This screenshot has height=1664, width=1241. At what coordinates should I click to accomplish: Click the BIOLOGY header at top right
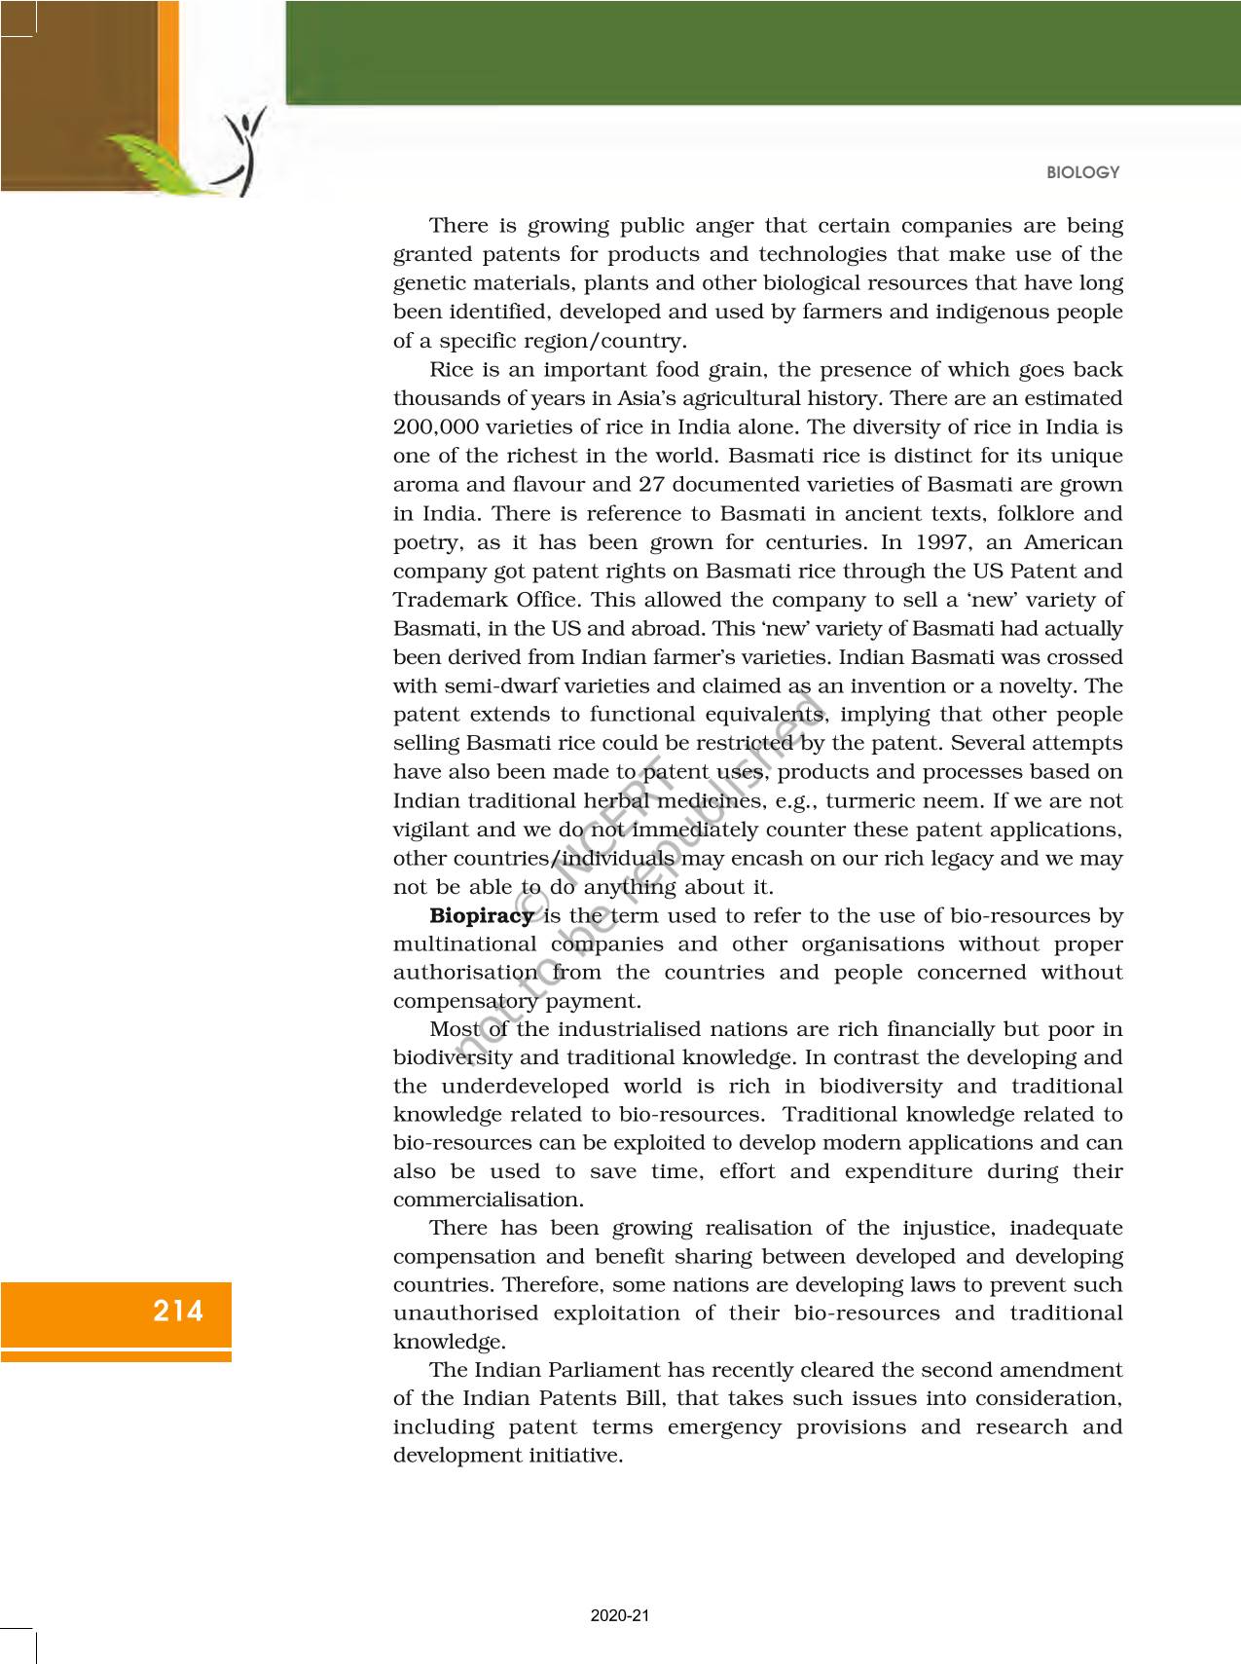tap(1082, 172)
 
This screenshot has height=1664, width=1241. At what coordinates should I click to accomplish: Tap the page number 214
tap(178, 1311)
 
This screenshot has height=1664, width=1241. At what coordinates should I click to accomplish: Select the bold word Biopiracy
tap(482, 915)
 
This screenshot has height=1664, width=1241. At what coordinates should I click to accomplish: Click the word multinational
tap(464, 944)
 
